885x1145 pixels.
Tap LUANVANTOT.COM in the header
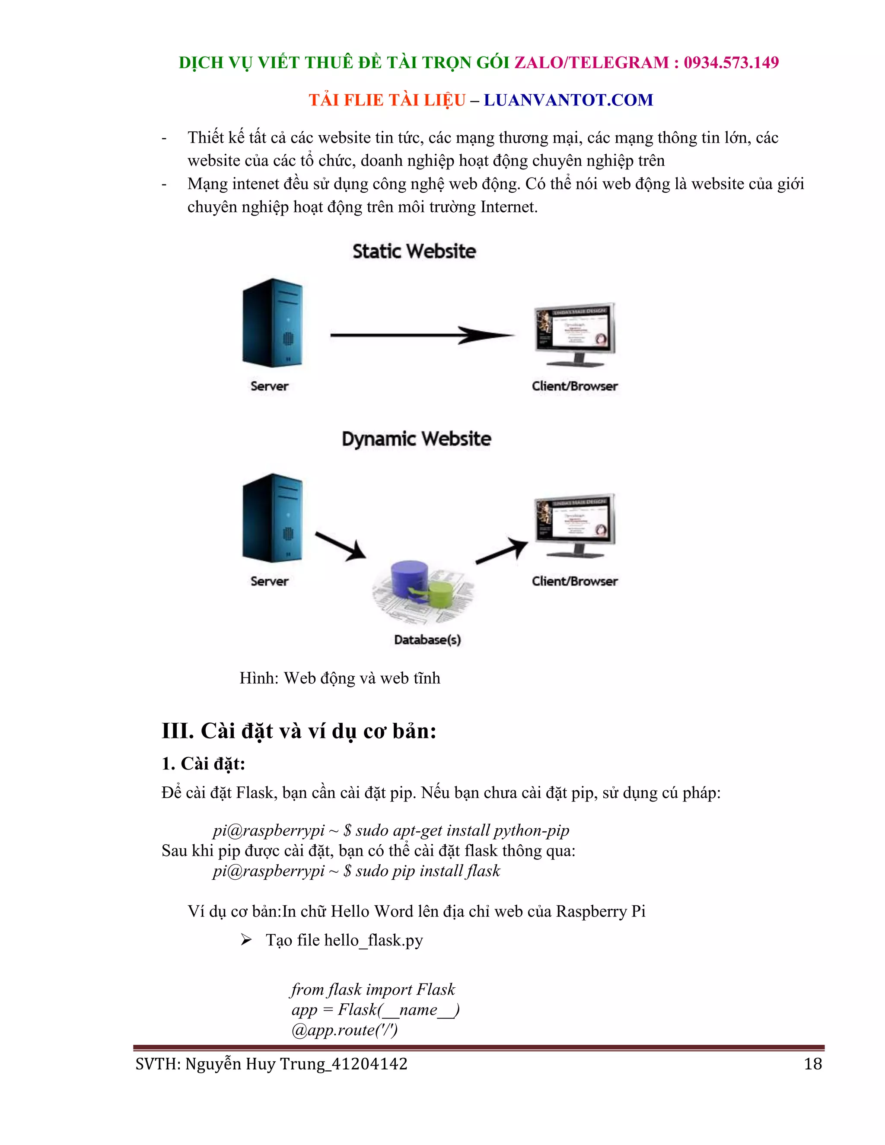[x=568, y=100]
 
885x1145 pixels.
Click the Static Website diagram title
[x=414, y=251]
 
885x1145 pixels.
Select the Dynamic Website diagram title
[x=416, y=439]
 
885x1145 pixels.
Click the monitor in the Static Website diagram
[x=575, y=334]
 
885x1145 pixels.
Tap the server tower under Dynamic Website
[x=273, y=518]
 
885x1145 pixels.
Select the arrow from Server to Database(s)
[x=341, y=546]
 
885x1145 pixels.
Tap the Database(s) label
[x=427, y=639]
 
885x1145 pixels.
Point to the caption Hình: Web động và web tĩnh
[x=340, y=678]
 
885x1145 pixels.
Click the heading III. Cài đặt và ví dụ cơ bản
[x=299, y=731]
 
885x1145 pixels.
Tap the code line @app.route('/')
[x=344, y=1030]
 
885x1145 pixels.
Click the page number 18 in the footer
[x=813, y=1064]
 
